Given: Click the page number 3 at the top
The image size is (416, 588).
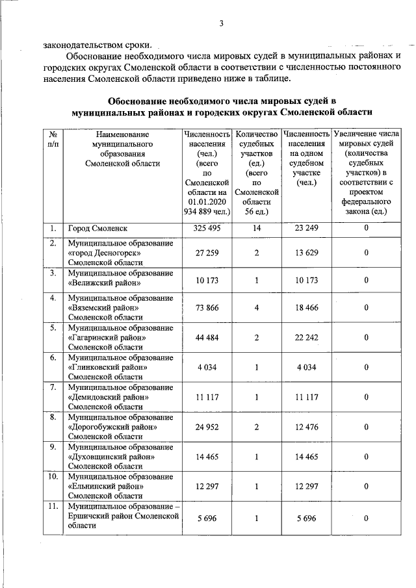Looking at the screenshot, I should tap(221, 24).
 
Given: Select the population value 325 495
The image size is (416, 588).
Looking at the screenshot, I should tap(208, 229).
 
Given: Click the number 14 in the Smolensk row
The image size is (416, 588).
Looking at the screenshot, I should tap(257, 229).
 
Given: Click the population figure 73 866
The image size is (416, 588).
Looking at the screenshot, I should tap(208, 307).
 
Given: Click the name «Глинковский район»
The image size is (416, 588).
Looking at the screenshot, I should tap(107, 367).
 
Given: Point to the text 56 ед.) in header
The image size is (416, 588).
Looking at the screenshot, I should tap(257, 212).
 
